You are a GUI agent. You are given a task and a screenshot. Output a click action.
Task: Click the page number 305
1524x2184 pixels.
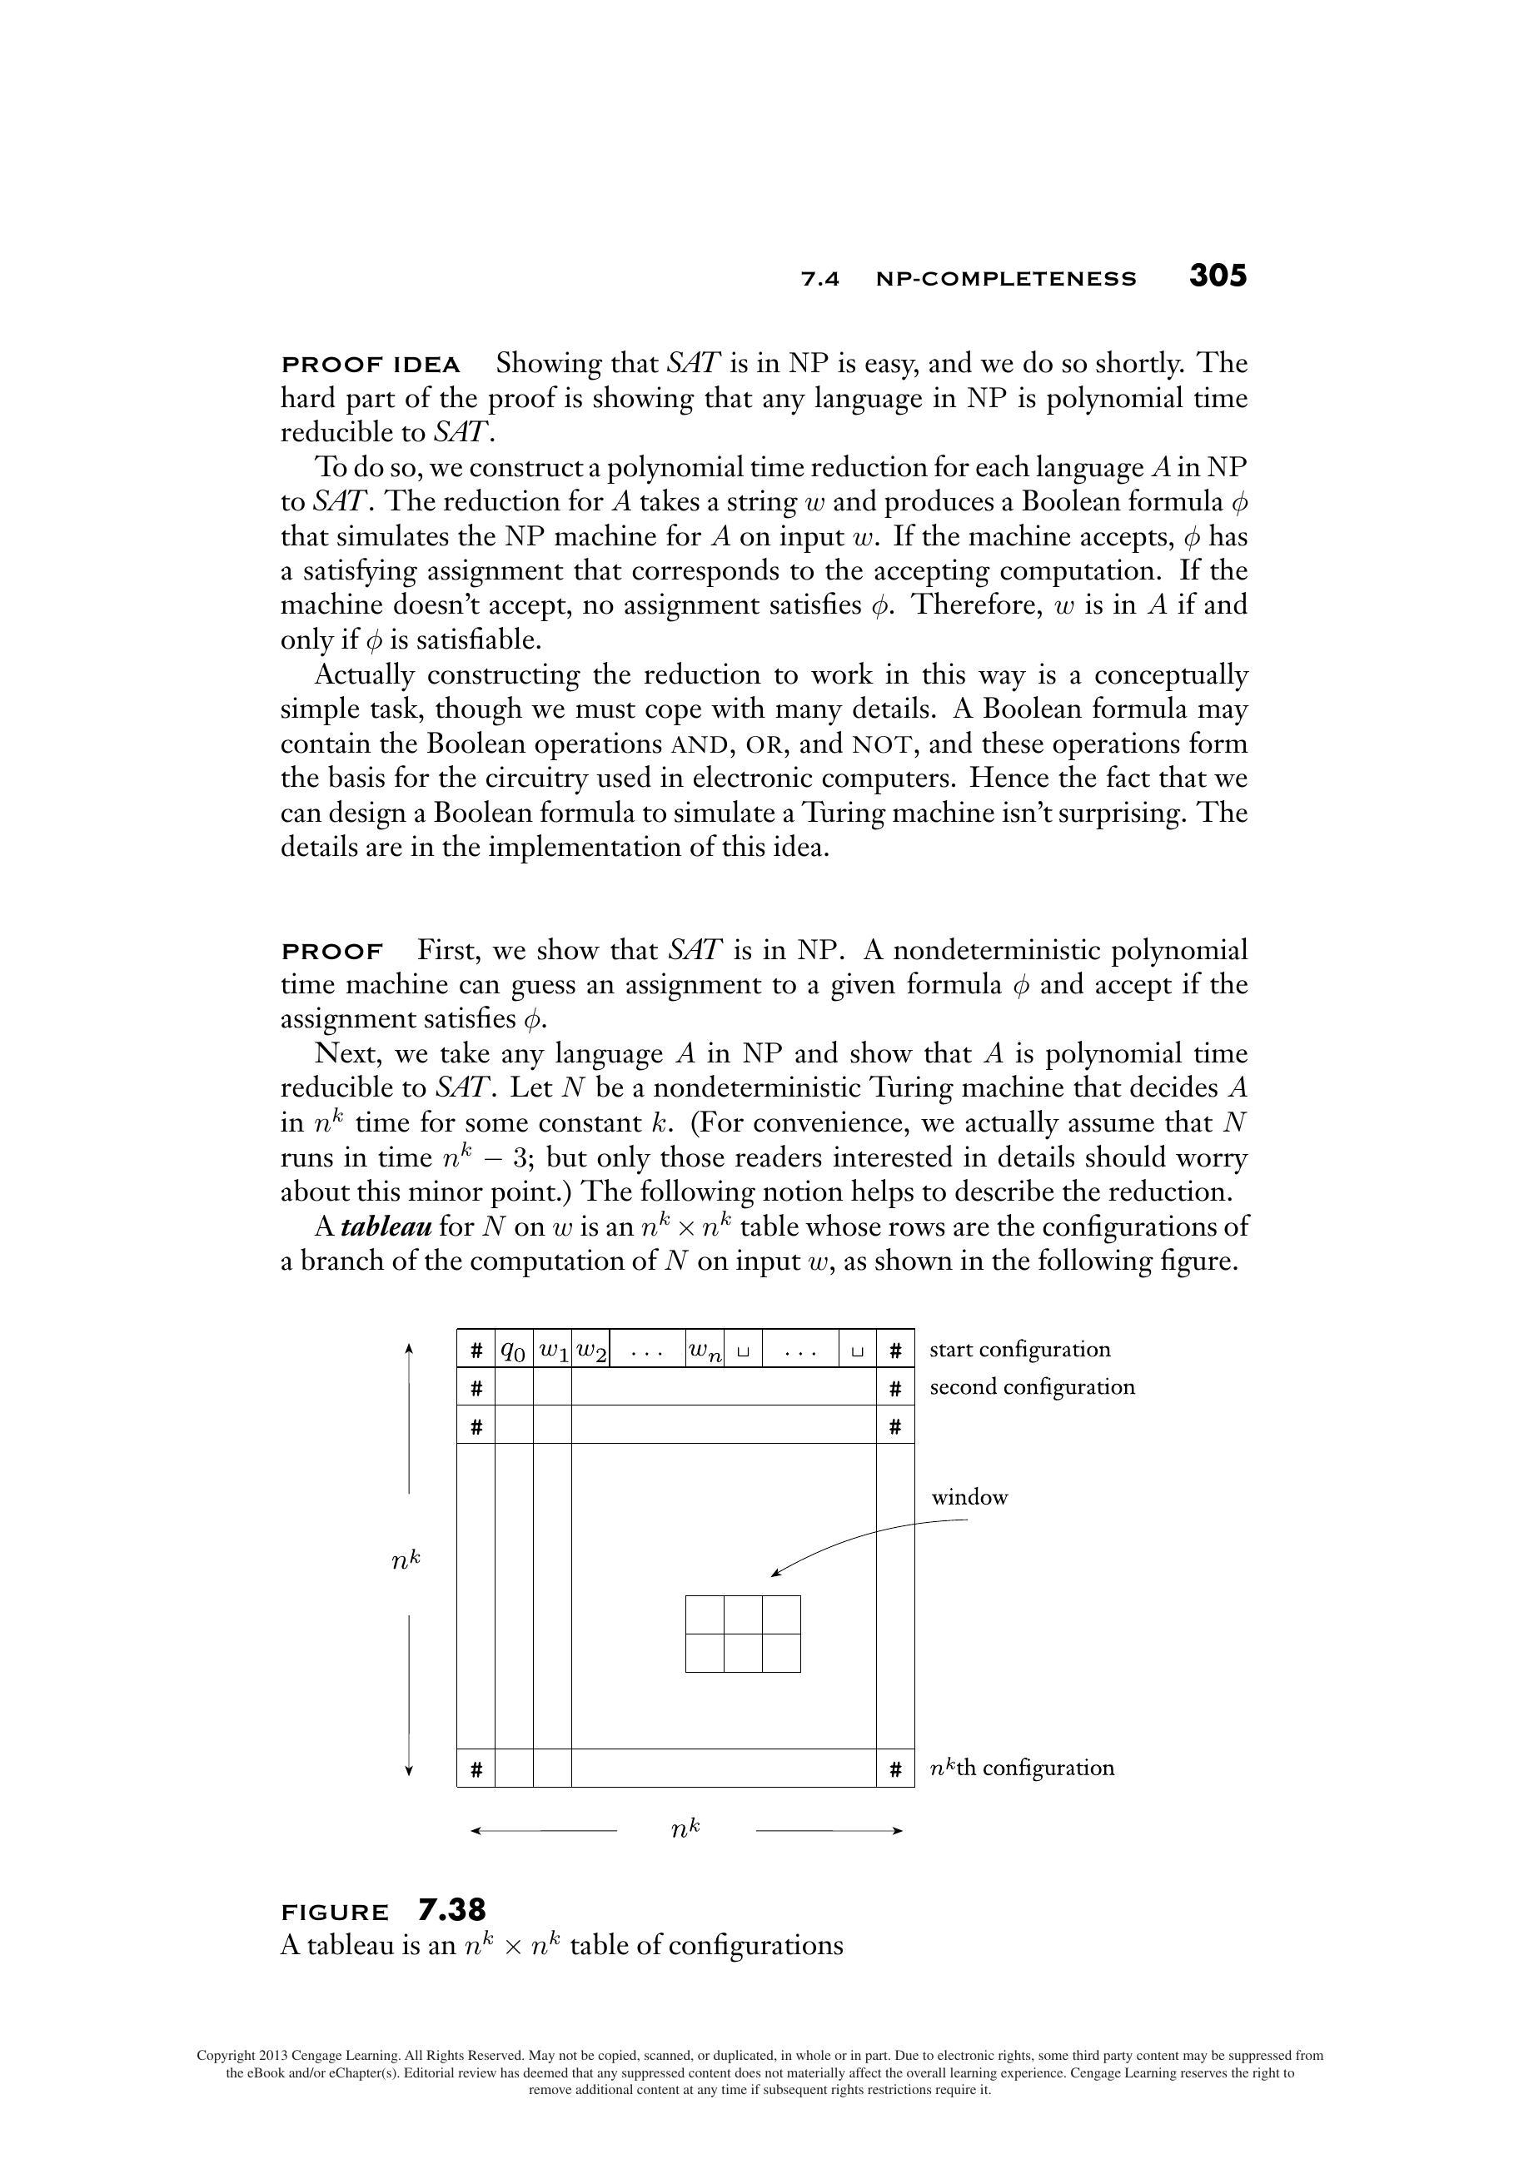click(1217, 276)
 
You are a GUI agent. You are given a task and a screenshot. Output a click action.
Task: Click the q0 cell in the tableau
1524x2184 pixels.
click(514, 1350)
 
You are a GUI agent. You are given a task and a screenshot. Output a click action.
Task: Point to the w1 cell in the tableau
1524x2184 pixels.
click(552, 1350)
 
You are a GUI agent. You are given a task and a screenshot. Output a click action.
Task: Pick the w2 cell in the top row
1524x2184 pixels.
click(590, 1350)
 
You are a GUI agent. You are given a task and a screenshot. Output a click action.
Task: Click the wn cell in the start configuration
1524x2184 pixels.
click(704, 1350)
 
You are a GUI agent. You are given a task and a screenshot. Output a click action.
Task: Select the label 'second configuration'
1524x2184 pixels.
click(1031, 1387)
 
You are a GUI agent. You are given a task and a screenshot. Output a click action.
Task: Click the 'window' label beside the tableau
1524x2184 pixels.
click(969, 1497)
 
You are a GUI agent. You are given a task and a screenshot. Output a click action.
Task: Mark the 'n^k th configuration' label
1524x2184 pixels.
click(1021, 1769)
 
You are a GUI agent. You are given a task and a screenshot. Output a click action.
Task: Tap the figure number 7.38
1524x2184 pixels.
click(452, 1909)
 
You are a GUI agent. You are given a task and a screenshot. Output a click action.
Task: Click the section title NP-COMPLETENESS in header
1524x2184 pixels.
click(1005, 280)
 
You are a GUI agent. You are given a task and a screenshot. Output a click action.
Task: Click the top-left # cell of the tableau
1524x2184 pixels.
click(476, 1350)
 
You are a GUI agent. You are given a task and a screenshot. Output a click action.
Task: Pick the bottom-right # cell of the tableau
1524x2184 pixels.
click(895, 1769)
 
